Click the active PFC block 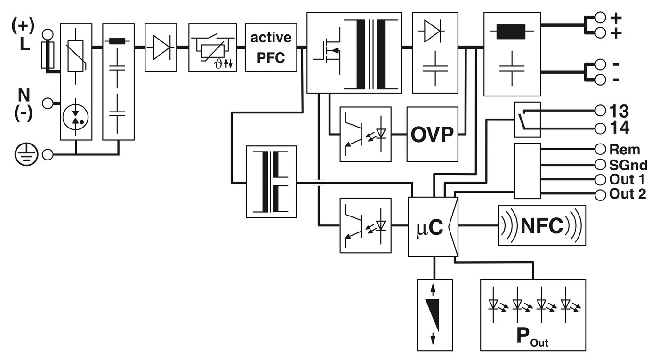tap(271, 47)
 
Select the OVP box tap(433, 135)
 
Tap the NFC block tap(542, 226)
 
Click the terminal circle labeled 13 tap(600, 111)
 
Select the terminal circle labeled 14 tap(600, 128)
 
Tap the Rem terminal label tap(625, 150)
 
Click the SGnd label tap(628, 165)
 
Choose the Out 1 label tap(627, 180)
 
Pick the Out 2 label tap(627, 194)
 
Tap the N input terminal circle tap(47, 103)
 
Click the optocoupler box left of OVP tap(365, 135)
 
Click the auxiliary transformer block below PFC tap(271, 182)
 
